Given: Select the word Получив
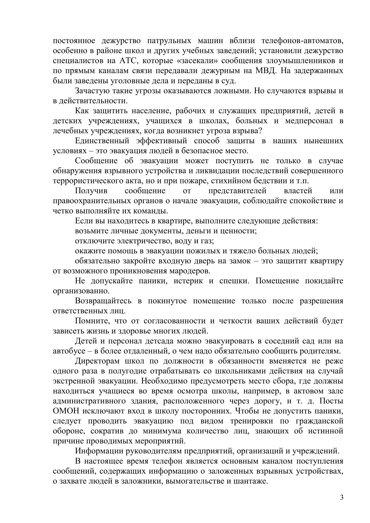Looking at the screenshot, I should pyautogui.click(x=90, y=190).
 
